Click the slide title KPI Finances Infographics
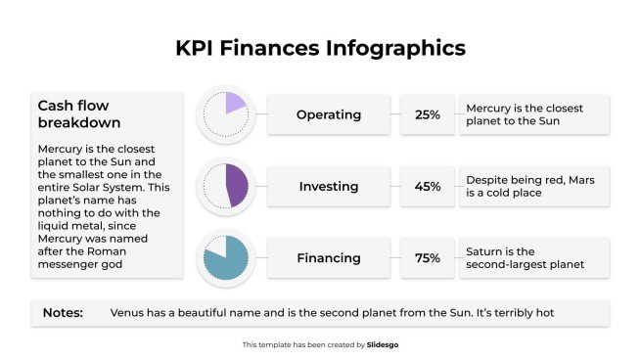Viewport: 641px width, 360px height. pos(320,47)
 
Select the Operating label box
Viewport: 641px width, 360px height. pos(328,114)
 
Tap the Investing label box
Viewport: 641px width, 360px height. pos(328,186)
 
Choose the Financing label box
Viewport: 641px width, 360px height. pos(328,258)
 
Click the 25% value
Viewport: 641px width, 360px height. pos(427,114)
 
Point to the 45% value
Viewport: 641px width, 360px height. pos(427,186)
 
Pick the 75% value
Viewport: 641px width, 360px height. pos(427,258)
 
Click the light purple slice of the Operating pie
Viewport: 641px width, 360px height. pos(233,104)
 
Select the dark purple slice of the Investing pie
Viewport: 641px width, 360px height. pos(236,185)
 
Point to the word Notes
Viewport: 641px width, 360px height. pos(62,313)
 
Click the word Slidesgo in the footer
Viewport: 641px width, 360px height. pos(383,344)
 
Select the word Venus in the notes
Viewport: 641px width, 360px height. pos(128,313)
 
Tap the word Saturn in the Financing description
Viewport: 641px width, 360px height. pos(486,251)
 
